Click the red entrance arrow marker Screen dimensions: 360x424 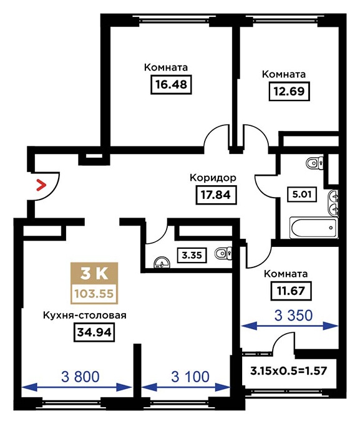tap(41, 185)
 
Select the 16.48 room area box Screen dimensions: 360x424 tap(171, 85)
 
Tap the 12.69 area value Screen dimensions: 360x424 tap(289, 92)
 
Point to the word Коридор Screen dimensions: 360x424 tap(213, 178)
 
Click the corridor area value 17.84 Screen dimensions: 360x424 tap(216, 195)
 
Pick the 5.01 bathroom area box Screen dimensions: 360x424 tap(302, 194)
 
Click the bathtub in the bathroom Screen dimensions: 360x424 tap(314, 228)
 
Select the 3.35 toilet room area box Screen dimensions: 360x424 tap(192, 255)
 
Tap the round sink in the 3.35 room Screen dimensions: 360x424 tap(162, 263)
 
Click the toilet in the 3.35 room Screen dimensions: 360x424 tap(223, 253)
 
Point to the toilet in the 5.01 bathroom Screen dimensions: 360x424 tap(314, 163)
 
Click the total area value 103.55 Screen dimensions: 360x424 tap(94, 294)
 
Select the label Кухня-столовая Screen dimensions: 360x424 tap(85, 316)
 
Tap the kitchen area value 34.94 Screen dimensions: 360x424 tap(94, 332)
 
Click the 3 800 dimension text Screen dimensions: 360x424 tap(80, 377)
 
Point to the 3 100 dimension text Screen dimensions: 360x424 tap(190, 377)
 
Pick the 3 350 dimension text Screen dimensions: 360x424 tap(293, 316)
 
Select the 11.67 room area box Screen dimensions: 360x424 tap(291, 291)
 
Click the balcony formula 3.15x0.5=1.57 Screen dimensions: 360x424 tap(289, 371)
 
